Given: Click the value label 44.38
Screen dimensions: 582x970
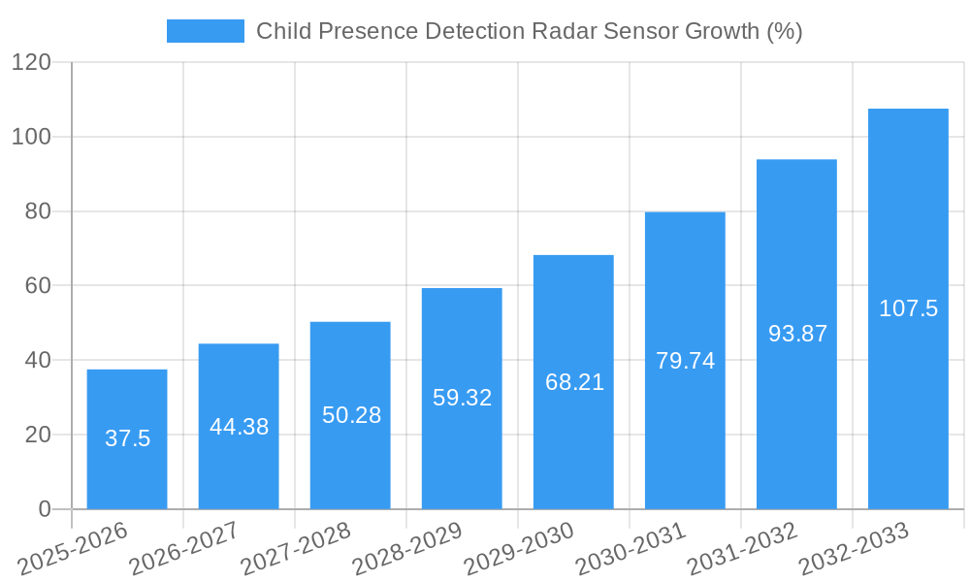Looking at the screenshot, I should point(239,427).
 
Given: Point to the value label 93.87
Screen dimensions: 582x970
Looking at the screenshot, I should point(797,334).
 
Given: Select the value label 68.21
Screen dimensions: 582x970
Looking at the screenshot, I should point(574,382).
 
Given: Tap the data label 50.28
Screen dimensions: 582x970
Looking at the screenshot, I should point(351,415).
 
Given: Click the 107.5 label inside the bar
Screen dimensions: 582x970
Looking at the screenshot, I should point(908,308).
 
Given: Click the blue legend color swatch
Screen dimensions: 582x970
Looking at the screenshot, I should point(206,31).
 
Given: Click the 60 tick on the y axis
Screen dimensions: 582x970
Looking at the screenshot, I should point(38,285).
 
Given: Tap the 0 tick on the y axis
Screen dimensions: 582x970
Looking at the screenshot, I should point(45,509).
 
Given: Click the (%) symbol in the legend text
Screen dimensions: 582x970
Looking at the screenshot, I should point(784,31).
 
